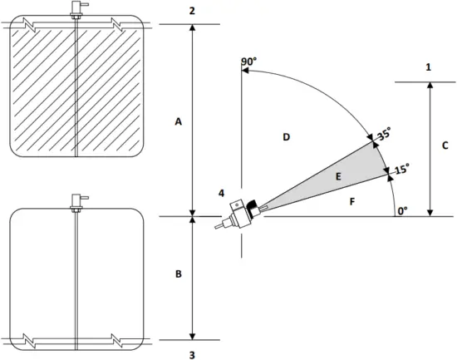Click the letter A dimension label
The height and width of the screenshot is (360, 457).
(177, 121)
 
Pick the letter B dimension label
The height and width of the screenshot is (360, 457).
(177, 273)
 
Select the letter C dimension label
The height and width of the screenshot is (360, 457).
(445, 145)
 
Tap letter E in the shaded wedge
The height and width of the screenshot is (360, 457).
(337, 176)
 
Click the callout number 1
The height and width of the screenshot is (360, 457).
(428, 67)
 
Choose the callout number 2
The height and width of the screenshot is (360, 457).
(192, 10)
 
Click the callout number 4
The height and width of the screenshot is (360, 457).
(221, 193)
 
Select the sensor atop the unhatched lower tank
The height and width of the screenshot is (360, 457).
(76, 202)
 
